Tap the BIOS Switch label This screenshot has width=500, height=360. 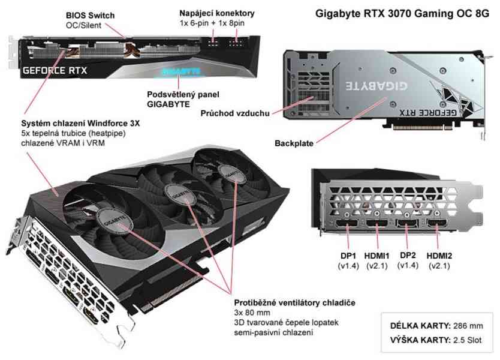click(x=91, y=14)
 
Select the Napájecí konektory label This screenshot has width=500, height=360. click(x=217, y=13)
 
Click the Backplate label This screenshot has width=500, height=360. click(x=294, y=143)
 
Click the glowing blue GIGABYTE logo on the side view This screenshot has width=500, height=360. click(x=179, y=70)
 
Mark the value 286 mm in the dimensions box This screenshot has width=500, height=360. click(x=468, y=326)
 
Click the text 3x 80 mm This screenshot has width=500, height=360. click(x=249, y=313)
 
